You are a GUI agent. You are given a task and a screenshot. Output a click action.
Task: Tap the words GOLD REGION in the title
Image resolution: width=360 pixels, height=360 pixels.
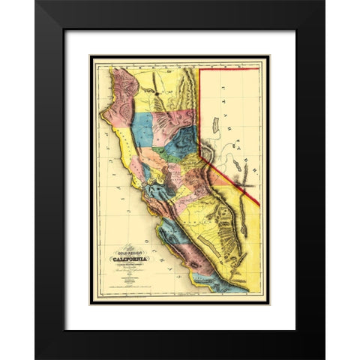pos(129,253)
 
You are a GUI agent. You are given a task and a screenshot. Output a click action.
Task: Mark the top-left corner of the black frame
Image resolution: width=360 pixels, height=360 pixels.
pos(36,2)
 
